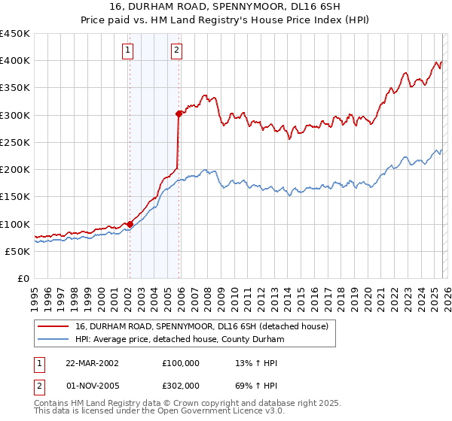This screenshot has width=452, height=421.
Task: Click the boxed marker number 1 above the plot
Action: click(128, 50)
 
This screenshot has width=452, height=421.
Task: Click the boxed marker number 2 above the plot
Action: click(176, 50)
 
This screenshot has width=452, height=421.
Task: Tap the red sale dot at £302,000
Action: click(179, 114)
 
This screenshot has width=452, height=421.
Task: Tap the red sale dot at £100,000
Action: click(130, 223)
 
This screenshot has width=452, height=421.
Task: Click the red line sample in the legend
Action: click(53, 326)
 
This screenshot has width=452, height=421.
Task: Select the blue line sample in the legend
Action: click(53, 339)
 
